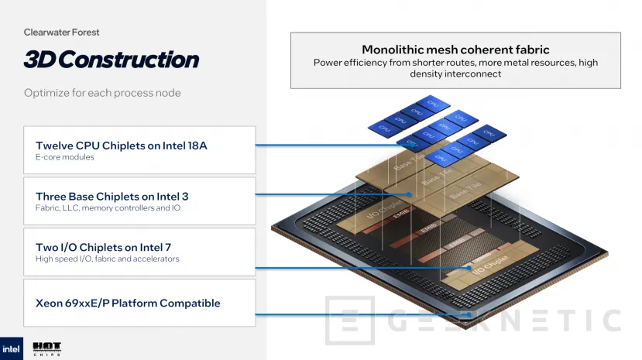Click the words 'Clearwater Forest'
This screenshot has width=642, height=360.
click(x=61, y=33)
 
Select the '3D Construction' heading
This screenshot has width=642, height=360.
click(x=111, y=60)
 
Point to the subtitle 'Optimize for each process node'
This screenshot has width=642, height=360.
click(x=102, y=93)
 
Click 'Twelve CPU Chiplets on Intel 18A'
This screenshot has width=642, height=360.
click(x=129, y=145)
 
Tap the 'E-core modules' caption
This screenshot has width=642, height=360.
click(x=65, y=157)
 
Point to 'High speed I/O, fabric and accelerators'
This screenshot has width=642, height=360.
click(x=108, y=259)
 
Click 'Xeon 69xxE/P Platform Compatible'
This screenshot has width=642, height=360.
click(x=128, y=303)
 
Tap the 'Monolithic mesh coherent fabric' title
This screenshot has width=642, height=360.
click(x=455, y=50)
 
